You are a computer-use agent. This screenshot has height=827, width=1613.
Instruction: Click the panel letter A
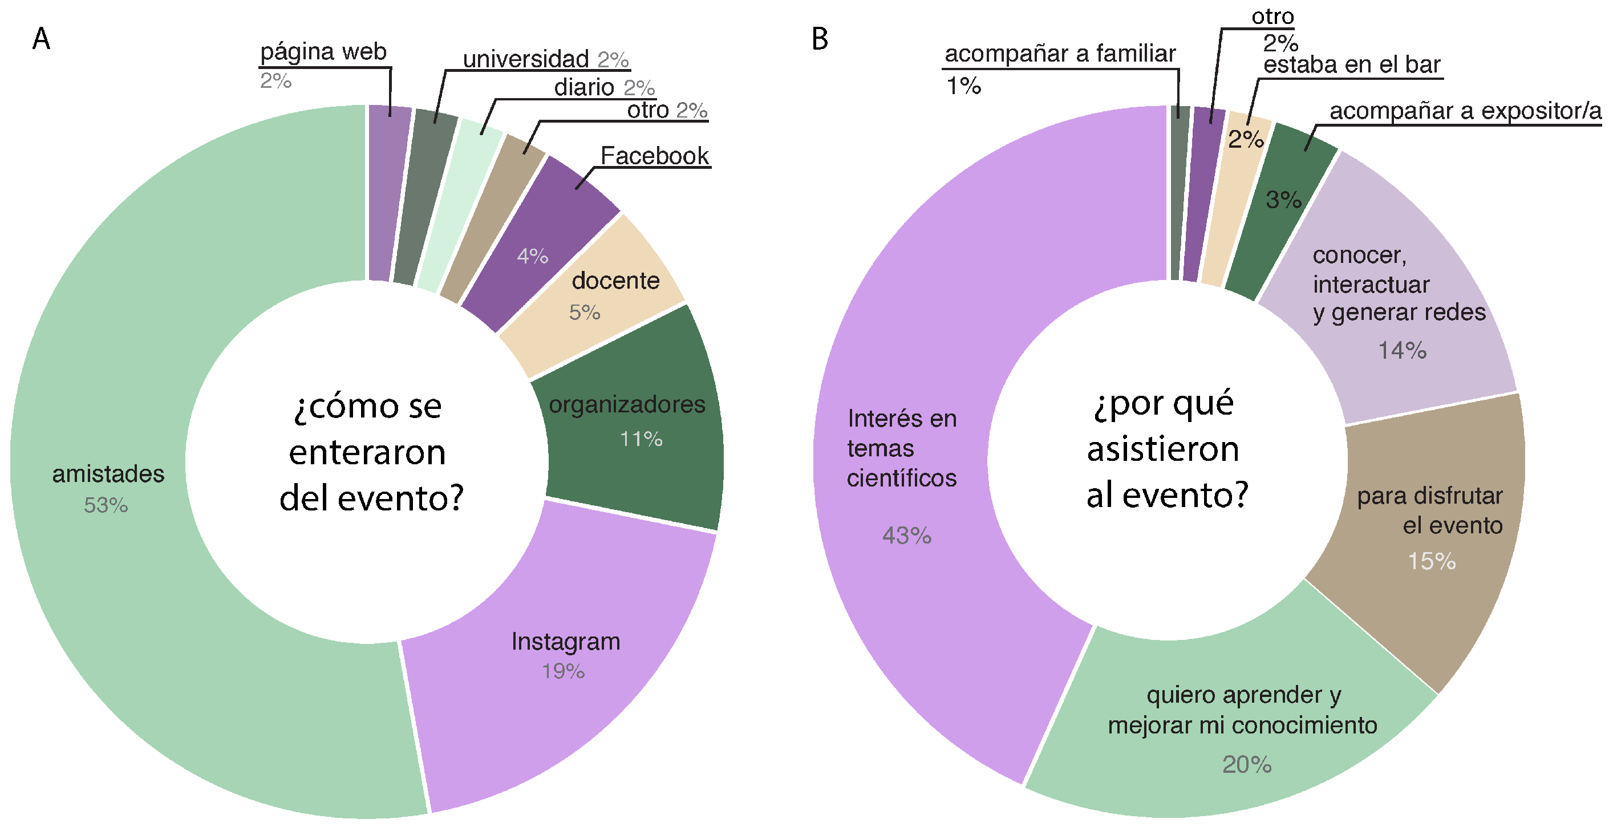click(x=41, y=39)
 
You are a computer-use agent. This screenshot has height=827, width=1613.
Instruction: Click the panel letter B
click(x=820, y=39)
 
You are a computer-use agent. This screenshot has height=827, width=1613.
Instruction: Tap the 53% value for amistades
click(x=106, y=505)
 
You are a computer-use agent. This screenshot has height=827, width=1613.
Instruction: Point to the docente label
click(x=615, y=281)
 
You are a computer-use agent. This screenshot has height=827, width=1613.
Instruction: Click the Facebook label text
click(x=654, y=156)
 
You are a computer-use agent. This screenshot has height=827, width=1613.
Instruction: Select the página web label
click(x=323, y=52)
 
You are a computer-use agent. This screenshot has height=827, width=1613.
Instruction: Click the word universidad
click(x=526, y=59)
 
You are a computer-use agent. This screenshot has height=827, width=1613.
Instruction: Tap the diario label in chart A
click(x=583, y=88)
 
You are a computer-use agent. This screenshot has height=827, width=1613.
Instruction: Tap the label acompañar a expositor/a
click(x=1465, y=111)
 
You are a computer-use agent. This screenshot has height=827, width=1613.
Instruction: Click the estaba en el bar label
click(x=1352, y=65)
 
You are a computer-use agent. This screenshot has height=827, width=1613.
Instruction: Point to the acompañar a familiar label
click(x=1060, y=54)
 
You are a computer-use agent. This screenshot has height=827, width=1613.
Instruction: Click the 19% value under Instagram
click(x=563, y=671)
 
